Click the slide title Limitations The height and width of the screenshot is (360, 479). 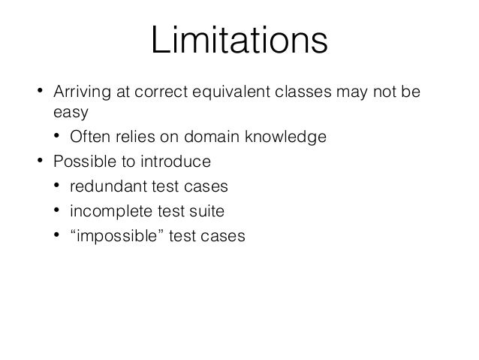click(239, 42)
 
